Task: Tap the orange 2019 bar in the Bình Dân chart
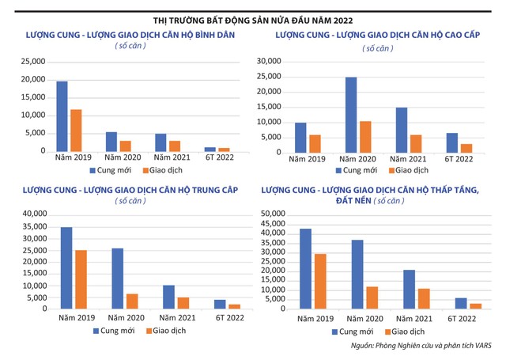76,131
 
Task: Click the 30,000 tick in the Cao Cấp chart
270,62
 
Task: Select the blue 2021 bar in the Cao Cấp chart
401,130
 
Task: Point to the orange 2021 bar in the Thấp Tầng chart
425,299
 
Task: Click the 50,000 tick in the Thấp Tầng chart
270,214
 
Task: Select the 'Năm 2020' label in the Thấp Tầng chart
363,318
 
